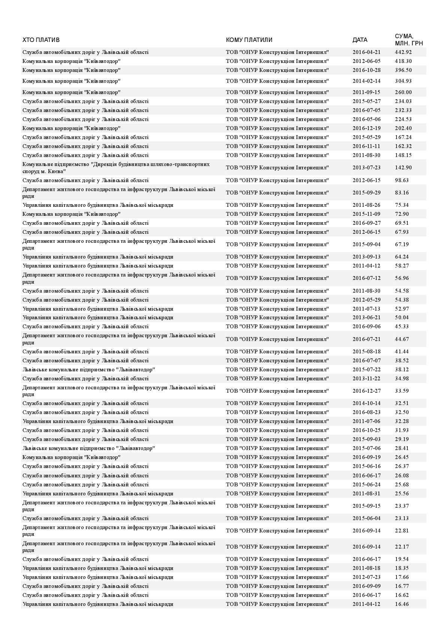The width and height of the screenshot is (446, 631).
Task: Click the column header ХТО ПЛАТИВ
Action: coord(41,40)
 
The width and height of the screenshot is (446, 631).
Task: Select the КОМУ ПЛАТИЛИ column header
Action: coord(249,40)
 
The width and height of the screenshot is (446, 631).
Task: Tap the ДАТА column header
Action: coord(360,40)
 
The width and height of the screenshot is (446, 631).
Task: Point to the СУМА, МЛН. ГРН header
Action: coord(409,40)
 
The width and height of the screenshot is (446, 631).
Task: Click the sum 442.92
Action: coord(403,52)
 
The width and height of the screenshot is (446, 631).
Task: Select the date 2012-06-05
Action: coord(366,61)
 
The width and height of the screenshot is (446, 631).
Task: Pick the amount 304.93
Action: coord(403,81)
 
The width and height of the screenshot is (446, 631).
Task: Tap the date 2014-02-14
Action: coord(366,81)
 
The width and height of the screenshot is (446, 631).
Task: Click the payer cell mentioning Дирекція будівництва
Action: coord(116,167)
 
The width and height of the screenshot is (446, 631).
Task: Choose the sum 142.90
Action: coord(403,167)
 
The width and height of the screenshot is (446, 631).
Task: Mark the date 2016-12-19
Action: coord(366,128)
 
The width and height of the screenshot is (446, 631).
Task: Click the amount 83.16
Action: coord(402,193)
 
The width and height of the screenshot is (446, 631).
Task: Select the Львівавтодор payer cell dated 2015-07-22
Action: coord(88,369)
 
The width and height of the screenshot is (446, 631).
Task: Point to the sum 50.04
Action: coord(402,317)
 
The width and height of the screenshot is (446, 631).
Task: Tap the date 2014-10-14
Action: coord(366,403)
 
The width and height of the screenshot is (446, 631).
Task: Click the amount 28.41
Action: coord(402,448)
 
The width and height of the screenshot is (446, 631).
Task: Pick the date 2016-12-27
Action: coord(366,391)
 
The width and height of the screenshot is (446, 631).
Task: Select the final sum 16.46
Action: coord(402,604)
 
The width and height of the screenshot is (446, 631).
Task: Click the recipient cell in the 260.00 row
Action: coord(277,92)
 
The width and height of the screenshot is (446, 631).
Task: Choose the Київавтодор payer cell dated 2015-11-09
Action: coord(71,214)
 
